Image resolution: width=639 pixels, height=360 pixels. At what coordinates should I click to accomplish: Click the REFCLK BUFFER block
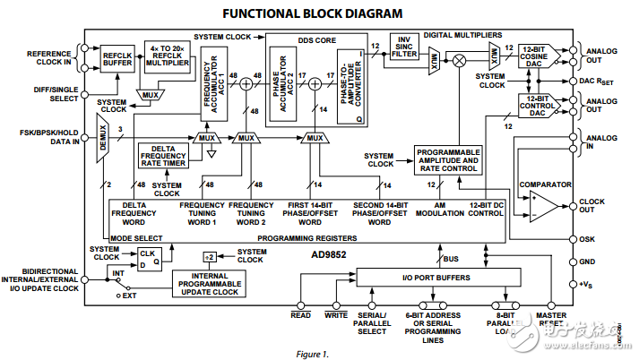(x=117, y=57)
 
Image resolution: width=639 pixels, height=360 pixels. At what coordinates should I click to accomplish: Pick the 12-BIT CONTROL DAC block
(x=537, y=106)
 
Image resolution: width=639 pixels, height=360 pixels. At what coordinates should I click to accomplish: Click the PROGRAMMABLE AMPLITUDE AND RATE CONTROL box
(x=447, y=159)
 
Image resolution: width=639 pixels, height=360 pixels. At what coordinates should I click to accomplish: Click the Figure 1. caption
(x=312, y=353)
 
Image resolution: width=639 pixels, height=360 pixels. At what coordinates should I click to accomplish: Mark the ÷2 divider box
(x=208, y=256)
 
